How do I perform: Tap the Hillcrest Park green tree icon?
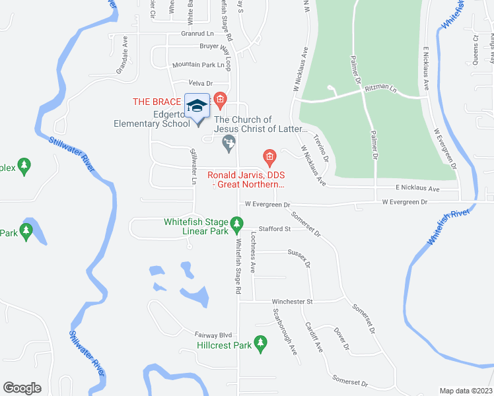[261, 344]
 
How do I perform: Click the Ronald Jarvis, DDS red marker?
[269, 157]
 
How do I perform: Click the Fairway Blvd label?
[210, 334]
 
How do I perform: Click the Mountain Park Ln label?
[198, 65]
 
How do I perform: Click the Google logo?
[22, 388]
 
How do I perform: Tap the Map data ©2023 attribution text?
[466, 391]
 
